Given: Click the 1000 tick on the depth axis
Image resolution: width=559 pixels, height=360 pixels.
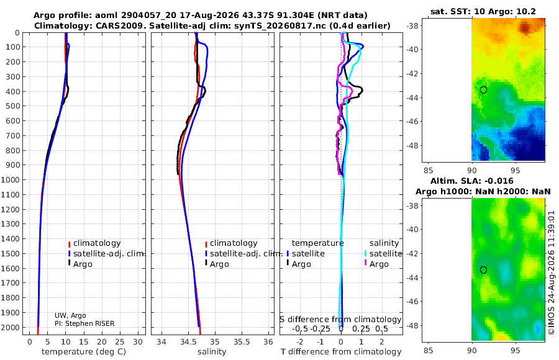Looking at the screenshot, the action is [x=11, y=179].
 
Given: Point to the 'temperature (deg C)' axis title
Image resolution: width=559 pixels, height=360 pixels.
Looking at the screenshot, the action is [x=84, y=352].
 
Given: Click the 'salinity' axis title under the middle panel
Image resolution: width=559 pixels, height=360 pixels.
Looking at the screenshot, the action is [x=212, y=352].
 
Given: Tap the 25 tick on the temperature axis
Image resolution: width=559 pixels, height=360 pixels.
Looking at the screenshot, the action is [x=120, y=341].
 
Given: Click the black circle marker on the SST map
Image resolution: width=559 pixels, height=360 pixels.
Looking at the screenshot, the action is [x=483, y=90].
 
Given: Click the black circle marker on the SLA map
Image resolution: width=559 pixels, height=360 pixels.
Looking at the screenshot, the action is [x=483, y=270].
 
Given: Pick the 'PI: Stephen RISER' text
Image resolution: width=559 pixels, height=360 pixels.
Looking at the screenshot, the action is [x=84, y=323].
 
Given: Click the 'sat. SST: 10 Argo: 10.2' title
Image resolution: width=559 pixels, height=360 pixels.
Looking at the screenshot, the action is [x=483, y=11].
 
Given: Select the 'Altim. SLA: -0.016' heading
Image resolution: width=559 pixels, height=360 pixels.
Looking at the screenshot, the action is [x=471, y=181].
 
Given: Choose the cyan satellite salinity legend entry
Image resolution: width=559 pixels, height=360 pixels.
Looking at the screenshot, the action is [x=383, y=253].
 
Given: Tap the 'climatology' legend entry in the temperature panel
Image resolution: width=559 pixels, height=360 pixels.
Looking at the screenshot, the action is [x=94, y=243].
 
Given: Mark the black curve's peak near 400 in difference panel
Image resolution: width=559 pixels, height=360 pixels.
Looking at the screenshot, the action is [x=362, y=89].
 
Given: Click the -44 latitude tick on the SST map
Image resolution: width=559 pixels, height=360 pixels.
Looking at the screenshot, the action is [x=412, y=97].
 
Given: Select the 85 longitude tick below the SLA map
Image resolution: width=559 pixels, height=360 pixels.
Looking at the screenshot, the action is [x=428, y=350].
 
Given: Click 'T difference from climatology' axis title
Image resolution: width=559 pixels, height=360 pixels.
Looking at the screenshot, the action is [x=341, y=352].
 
